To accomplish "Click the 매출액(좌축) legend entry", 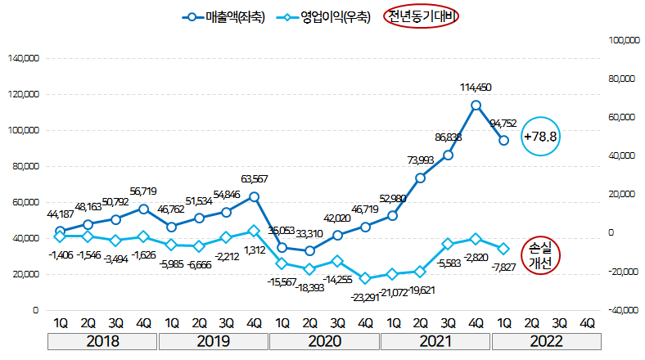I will click(225, 16).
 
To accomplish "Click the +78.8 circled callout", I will click(542, 137).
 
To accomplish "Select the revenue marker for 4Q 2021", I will click(476, 105).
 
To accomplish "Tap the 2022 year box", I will click(545, 340).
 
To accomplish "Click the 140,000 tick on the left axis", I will click(23, 59).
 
